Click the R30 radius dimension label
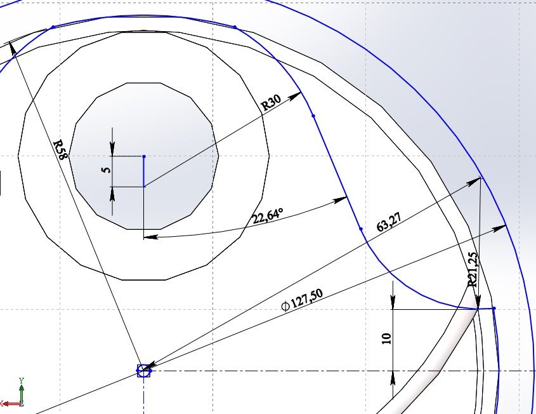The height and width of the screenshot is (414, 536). (x=271, y=102)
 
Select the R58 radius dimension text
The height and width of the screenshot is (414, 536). (x=60, y=149)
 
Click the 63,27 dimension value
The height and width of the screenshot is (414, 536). (x=389, y=222)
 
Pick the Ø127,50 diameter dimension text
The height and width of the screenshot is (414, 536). (x=302, y=300)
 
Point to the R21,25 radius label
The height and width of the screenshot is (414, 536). (x=472, y=270)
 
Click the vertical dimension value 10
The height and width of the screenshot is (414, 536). (x=386, y=338)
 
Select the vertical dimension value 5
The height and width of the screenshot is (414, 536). (x=107, y=170)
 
